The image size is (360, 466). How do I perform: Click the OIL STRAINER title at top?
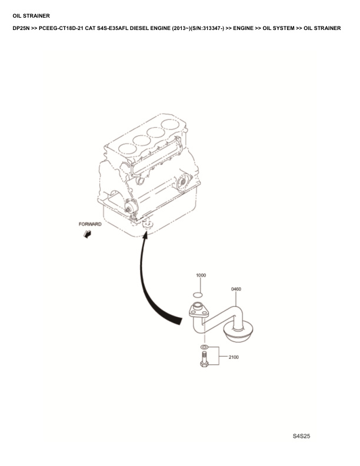[x=31, y=16]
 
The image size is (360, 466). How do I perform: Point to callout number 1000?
[x=201, y=275]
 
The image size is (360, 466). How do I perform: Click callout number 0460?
[x=236, y=289]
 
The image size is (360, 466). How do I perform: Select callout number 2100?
[x=234, y=357]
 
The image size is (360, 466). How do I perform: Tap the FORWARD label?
[x=90, y=224]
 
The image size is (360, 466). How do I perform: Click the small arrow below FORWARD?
[x=88, y=234]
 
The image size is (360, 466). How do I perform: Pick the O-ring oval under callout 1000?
[x=198, y=295]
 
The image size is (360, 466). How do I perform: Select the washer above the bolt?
[x=204, y=347]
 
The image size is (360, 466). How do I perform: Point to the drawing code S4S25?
[x=301, y=436]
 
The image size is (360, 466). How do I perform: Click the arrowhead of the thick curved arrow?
[x=145, y=235]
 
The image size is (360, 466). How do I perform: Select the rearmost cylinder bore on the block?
[x=172, y=125]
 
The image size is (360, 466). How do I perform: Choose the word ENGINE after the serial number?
[x=244, y=28]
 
